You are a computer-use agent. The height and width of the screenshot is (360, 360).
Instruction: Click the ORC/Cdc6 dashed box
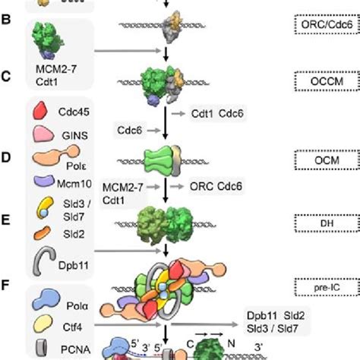point(326,24)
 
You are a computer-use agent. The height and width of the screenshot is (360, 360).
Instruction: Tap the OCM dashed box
point(326,161)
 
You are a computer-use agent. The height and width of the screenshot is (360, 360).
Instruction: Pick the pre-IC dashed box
point(326,284)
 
